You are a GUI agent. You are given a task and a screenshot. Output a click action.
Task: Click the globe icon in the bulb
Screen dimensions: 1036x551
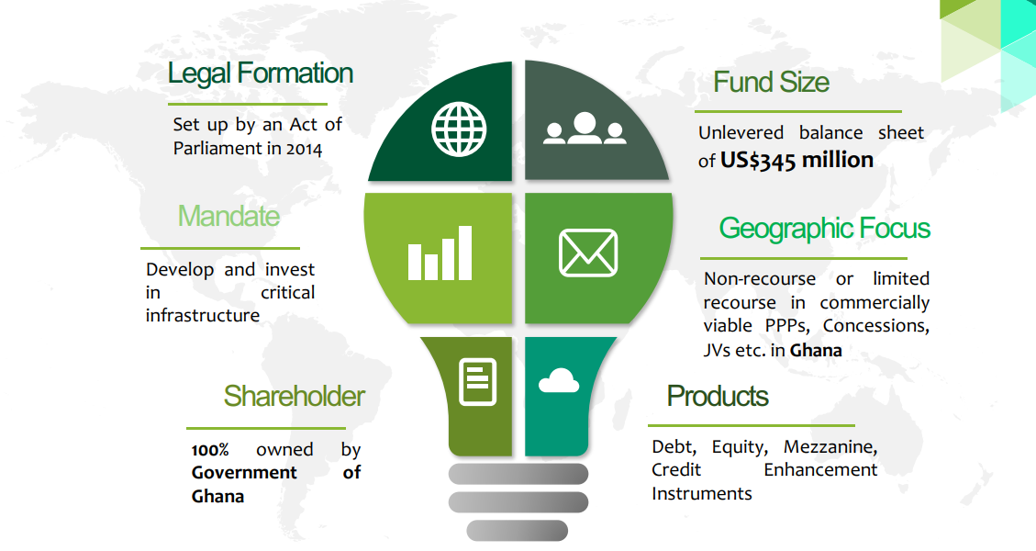coord(459,129)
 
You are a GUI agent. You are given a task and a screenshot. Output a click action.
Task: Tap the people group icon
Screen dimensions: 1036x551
coord(585,129)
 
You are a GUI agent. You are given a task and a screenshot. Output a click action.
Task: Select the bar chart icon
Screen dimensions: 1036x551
coord(440,253)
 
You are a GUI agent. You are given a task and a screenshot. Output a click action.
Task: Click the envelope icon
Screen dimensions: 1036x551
coord(588,253)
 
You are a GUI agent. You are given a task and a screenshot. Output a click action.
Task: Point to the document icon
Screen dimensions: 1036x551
coord(478,382)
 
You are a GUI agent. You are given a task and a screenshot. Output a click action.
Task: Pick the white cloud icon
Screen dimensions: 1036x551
coord(559,380)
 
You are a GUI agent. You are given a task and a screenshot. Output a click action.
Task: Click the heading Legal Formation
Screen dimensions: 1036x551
coord(261,73)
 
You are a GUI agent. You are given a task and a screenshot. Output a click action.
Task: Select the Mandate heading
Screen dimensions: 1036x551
coord(228,217)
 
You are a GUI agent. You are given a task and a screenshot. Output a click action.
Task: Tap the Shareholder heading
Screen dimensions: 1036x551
coord(294,396)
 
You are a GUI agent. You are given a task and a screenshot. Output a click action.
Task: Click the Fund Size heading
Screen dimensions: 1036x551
coord(771,82)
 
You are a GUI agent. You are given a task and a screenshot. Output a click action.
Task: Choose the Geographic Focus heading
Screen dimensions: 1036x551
coord(825,229)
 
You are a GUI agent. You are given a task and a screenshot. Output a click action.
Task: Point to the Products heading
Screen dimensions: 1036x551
coord(718,396)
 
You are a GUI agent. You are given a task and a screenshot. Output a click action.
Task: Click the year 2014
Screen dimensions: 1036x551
coord(304,149)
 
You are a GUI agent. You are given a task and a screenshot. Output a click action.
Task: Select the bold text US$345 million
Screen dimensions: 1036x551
coord(796,160)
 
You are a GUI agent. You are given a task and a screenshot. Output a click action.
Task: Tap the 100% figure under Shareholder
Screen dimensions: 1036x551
coord(210,451)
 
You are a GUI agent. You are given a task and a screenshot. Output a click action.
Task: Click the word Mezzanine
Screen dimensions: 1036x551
coord(830,447)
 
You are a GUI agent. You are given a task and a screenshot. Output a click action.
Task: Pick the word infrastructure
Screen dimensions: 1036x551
coord(203,316)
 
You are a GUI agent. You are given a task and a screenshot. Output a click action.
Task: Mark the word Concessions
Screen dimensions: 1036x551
coord(876,326)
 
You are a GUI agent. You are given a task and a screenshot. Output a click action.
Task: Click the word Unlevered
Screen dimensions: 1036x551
coord(741,133)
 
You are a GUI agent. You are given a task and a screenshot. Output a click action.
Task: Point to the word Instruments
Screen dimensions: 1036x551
coord(702,494)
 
